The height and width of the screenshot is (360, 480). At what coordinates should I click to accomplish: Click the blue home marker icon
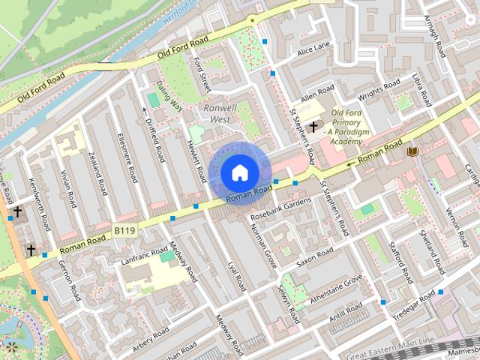point(238,172)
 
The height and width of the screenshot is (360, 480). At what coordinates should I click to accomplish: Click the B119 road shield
point(125,232)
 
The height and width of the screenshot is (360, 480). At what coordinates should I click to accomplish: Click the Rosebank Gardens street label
point(280,209)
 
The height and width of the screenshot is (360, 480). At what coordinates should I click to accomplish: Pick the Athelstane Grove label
point(337,289)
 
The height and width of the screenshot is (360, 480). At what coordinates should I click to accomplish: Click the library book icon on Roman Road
point(412,151)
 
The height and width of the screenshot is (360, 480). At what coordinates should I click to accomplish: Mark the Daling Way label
point(169,96)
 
